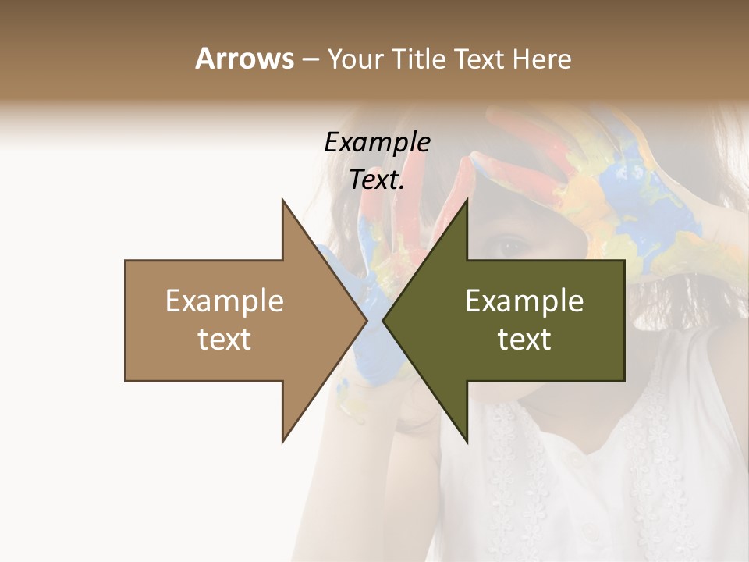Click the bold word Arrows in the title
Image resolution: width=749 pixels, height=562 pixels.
pyautogui.click(x=244, y=59)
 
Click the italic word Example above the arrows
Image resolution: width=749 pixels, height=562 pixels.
pyautogui.click(x=377, y=143)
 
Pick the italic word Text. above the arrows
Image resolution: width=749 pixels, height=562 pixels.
pyautogui.click(x=377, y=180)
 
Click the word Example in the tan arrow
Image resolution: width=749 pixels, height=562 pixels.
pyautogui.click(x=225, y=301)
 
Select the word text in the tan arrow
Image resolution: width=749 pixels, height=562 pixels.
pyautogui.click(x=225, y=340)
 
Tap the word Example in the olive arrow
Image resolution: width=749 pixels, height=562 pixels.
pyautogui.click(x=524, y=301)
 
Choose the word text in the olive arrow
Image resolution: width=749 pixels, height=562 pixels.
pyautogui.click(x=524, y=340)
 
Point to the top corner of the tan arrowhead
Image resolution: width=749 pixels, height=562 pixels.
pyautogui.click(x=282, y=200)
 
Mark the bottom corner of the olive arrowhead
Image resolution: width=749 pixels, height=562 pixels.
pyautogui.click(x=467, y=442)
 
